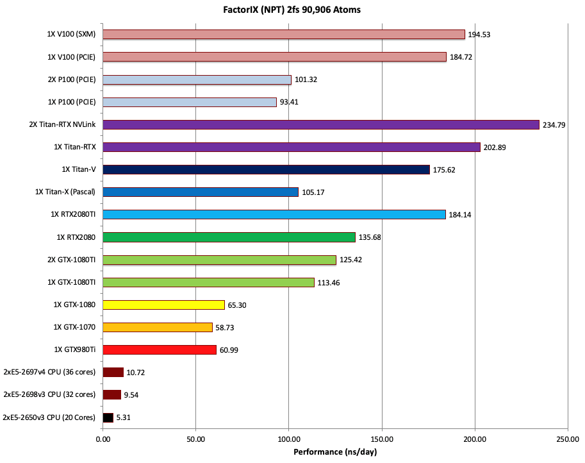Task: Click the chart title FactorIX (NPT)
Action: tap(292, 9)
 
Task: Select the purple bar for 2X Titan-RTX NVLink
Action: tap(320, 124)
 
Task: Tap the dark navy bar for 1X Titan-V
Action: tap(266, 169)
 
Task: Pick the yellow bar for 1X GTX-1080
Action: tap(163, 305)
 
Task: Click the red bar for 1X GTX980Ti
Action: tap(160, 349)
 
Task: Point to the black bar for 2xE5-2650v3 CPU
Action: tap(108, 417)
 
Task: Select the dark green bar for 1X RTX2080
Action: tap(229, 237)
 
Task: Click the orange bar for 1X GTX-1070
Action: tap(157, 327)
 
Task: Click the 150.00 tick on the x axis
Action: tap(382, 440)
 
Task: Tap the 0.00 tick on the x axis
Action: tap(103, 440)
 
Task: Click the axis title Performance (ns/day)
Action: tap(334, 452)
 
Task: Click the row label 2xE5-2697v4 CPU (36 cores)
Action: tap(49, 372)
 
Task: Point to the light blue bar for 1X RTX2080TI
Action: tap(274, 214)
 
